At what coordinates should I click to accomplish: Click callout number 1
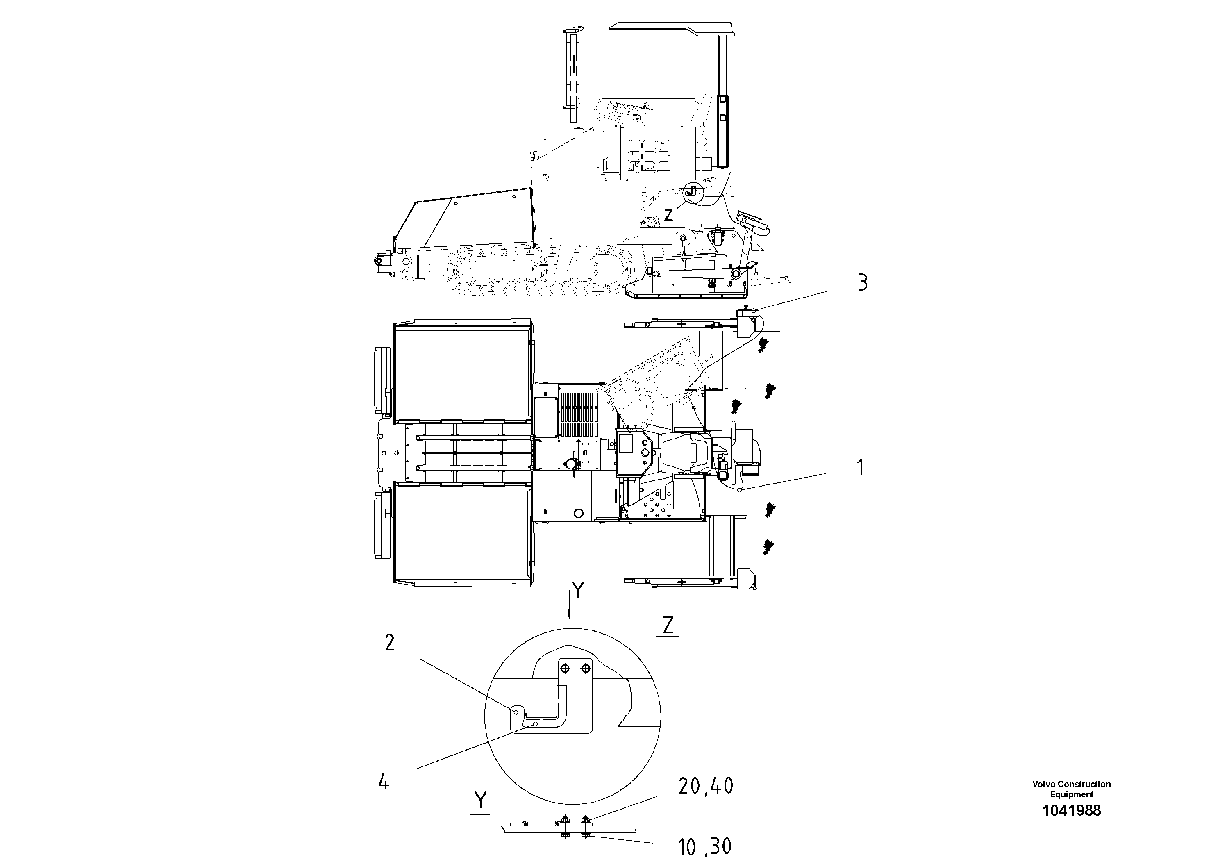[x=860, y=468]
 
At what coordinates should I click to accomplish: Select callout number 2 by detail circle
[x=389, y=644]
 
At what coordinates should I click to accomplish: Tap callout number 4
[x=384, y=782]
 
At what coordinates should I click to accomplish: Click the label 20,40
[x=706, y=787]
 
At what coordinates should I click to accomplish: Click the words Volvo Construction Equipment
[x=1071, y=789]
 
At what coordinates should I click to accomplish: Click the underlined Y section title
[x=480, y=801]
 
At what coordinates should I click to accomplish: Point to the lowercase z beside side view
[x=668, y=215]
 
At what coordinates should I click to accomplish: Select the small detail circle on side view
[x=692, y=193]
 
